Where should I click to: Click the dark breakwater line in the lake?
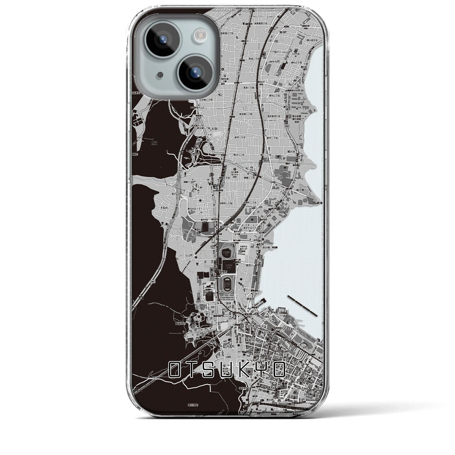[303, 305]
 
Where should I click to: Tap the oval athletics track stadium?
[227, 285]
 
